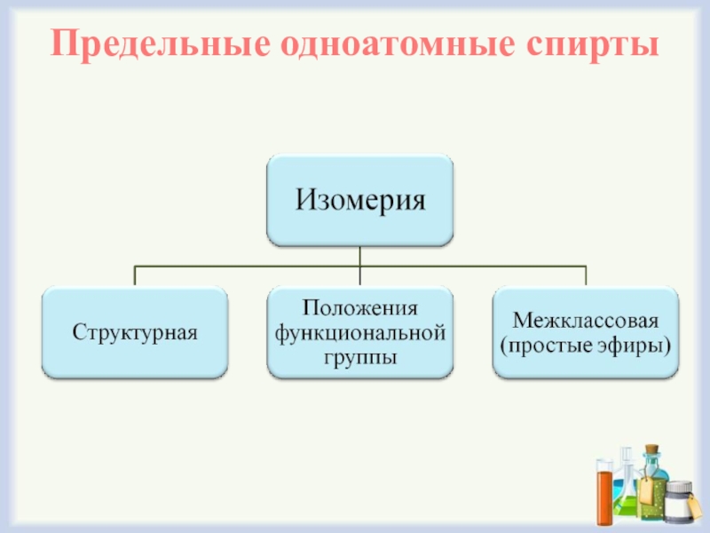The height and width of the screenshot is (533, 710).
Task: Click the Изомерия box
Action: click(x=360, y=200)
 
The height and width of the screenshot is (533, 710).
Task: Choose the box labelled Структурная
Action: click(x=135, y=332)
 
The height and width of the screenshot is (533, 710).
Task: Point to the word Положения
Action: click(x=359, y=308)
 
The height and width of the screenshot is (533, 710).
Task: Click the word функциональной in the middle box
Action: click(x=359, y=332)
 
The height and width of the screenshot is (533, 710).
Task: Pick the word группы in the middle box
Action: click(x=359, y=356)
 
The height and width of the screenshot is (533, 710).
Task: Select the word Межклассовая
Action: click(x=586, y=320)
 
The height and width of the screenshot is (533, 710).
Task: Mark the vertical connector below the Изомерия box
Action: click(x=360, y=256)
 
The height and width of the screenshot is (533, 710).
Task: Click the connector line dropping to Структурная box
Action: click(x=135, y=275)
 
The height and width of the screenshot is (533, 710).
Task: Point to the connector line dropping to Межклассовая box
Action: click(x=586, y=275)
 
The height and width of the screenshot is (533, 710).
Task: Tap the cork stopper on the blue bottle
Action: click(x=652, y=449)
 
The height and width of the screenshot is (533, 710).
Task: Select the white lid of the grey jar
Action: click(x=680, y=488)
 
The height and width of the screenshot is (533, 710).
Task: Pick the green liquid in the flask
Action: click(x=626, y=506)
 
